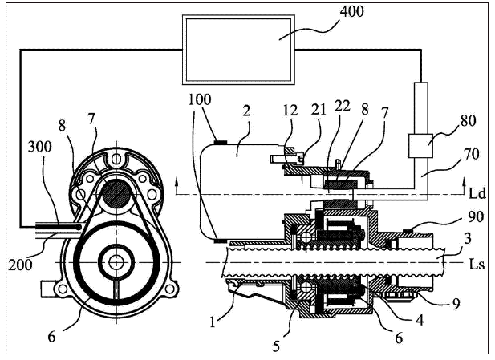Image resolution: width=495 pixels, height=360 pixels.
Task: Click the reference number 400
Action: pos(351,12)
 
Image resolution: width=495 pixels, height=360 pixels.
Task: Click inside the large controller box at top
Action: pos(238,50)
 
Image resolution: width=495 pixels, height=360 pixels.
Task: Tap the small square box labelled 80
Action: pos(420,145)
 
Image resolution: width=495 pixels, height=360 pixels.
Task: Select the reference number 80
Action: pos(468,121)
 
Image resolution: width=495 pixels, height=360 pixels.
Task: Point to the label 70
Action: pos(472,154)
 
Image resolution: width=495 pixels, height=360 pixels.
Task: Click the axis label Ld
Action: pos(477,193)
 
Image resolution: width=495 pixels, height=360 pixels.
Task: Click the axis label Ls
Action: pos(476,264)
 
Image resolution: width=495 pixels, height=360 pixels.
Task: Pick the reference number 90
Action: pos(476,216)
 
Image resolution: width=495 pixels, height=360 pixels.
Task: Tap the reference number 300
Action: pos(40,147)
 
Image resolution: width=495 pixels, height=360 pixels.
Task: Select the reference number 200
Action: pos(20,265)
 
